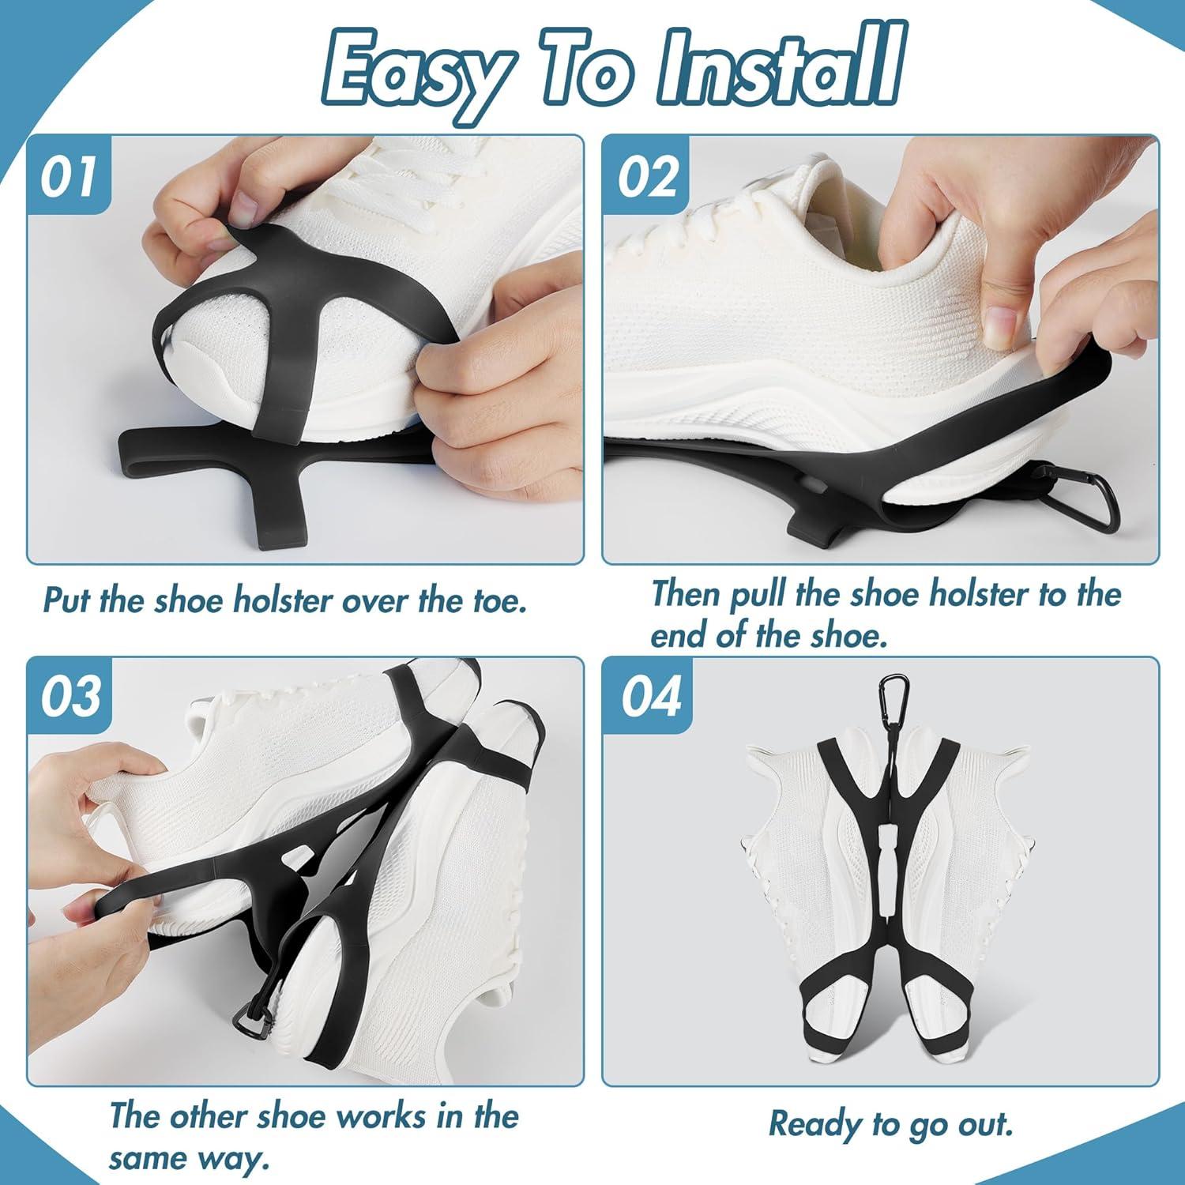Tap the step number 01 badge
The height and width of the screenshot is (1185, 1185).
(70, 177)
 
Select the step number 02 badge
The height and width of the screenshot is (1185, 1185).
(648, 177)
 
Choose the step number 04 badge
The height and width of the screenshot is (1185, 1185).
(649, 696)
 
